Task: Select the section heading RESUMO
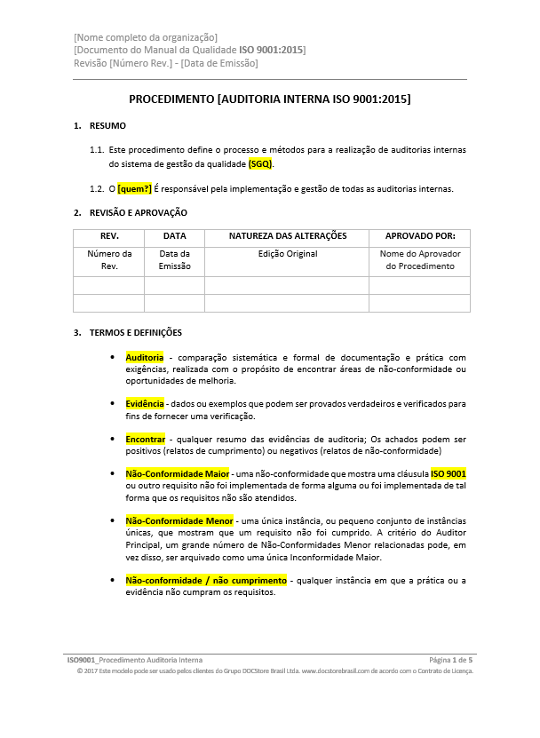click(107, 125)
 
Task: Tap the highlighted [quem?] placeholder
click(135, 188)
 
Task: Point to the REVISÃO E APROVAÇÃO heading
click(139, 212)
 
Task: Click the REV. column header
click(109, 236)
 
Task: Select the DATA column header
click(175, 236)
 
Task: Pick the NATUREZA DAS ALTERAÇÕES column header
click(288, 236)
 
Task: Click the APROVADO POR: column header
click(420, 236)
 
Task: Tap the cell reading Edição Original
click(288, 254)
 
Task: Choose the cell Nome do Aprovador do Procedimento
click(420, 260)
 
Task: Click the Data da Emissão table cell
click(175, 260)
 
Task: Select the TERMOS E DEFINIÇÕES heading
click(136, 333)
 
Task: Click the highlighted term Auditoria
click(145, 357)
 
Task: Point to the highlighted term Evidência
click(146, 404)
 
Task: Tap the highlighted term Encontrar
click(146, 439)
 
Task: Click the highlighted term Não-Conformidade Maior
click(178, 473)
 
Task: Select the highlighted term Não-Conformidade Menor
click(179, 520)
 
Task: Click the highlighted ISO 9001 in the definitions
click(449, 473)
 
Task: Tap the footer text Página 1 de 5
click(450, 661)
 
